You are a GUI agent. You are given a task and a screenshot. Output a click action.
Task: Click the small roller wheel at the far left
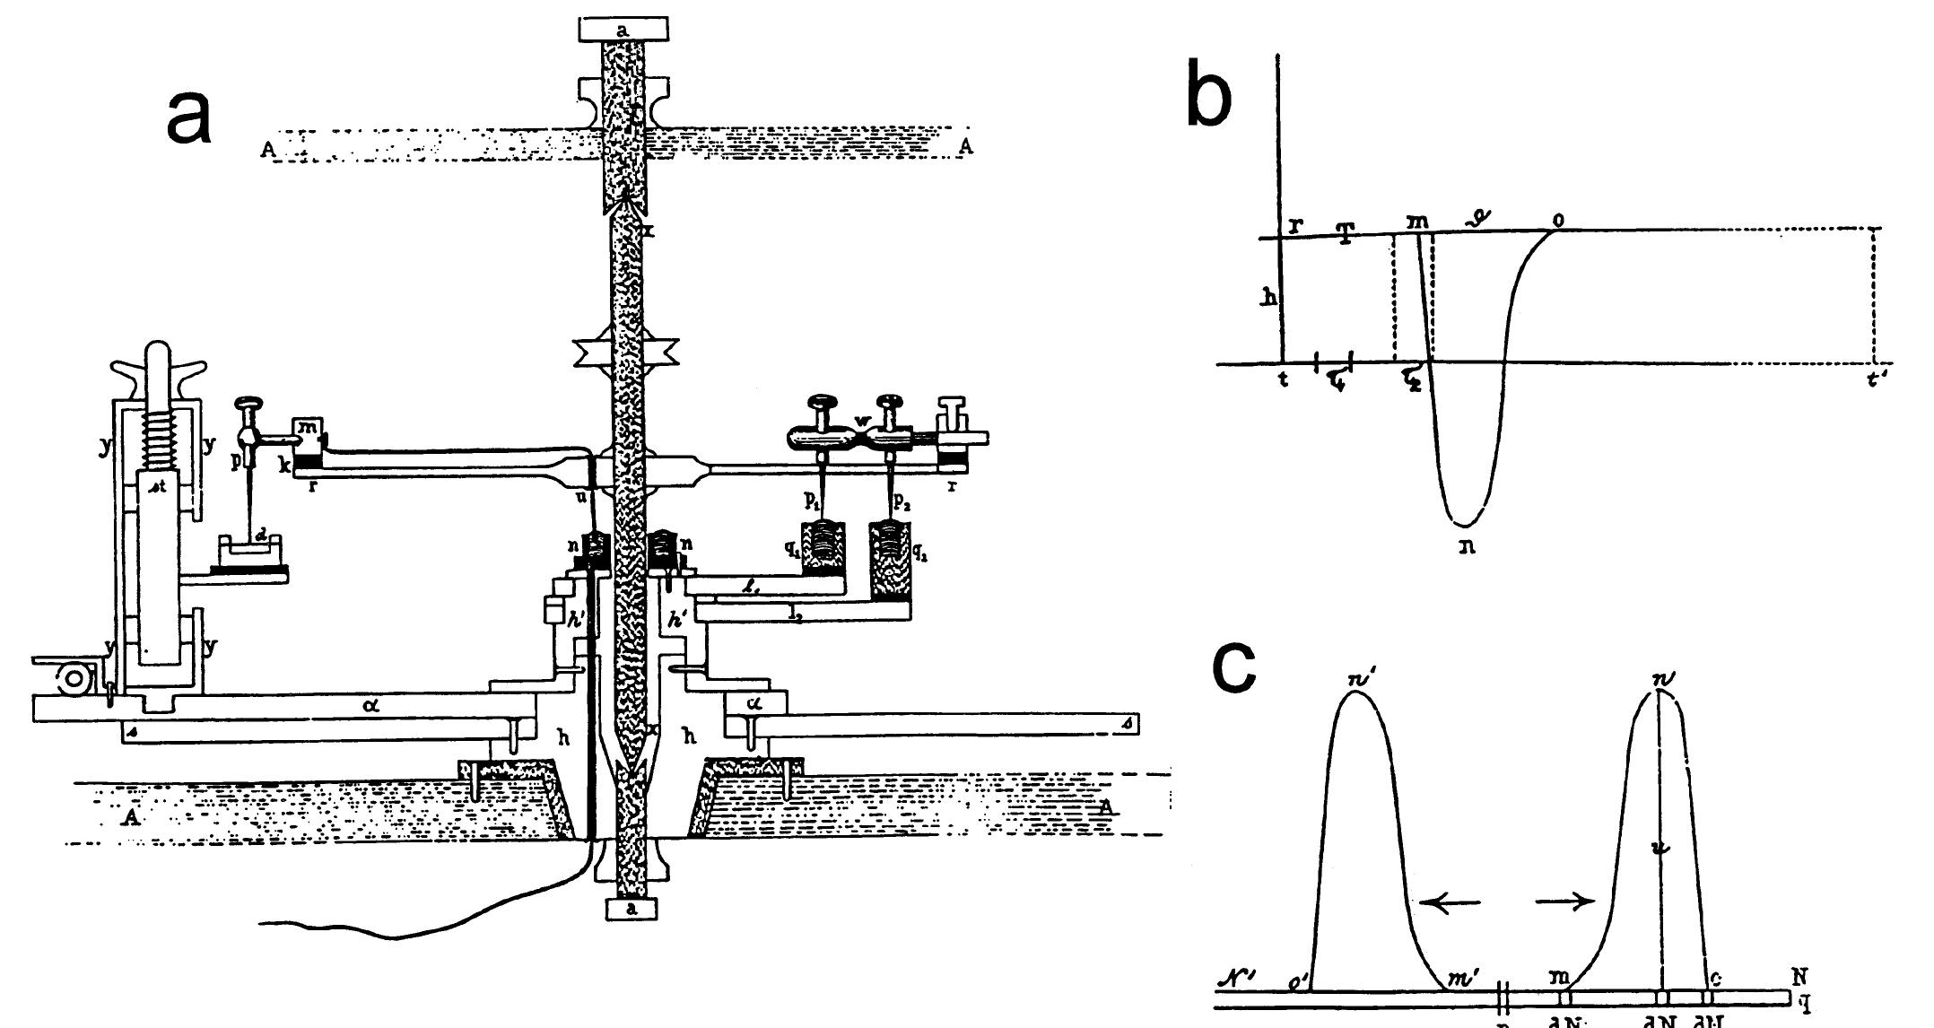pos(71,681)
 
